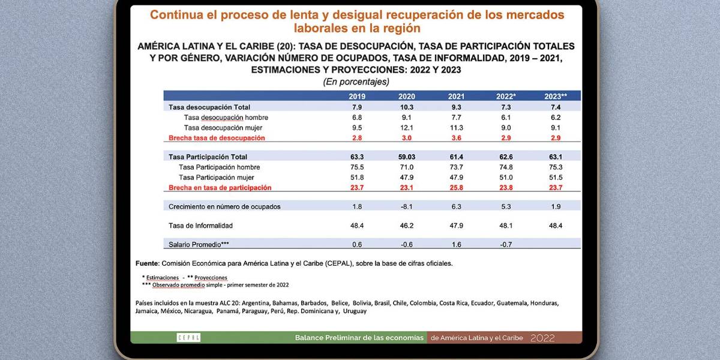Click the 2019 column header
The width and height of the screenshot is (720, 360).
358,96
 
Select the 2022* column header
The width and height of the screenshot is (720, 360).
506,96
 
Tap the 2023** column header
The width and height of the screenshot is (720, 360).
556,96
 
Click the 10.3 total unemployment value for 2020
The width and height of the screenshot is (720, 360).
407,107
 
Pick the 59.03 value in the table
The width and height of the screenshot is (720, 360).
407,157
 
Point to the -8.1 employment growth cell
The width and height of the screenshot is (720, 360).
407,206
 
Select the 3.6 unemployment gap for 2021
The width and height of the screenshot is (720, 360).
457,138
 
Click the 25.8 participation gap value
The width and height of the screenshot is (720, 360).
457,188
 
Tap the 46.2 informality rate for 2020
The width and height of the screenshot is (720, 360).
407,226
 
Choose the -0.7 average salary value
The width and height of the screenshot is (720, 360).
506,244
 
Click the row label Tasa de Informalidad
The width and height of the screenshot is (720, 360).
200,226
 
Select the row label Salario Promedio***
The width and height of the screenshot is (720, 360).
199,244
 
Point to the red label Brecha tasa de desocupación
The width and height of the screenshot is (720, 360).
217,138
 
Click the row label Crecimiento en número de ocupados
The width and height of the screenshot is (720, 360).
224,206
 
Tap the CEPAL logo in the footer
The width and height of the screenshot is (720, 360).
188,338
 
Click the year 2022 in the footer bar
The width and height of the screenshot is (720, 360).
542,338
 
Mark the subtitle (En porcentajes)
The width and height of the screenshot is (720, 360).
356,82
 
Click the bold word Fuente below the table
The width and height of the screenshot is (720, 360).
147,263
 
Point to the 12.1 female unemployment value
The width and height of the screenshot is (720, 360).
407,128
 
